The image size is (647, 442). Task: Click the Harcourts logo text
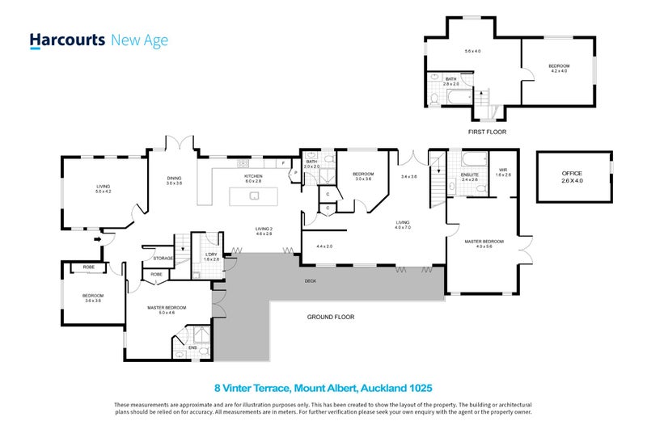[67, 40]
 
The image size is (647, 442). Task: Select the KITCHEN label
[254, 176]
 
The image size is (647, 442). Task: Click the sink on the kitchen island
[254, 195]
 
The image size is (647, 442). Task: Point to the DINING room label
[174, 179]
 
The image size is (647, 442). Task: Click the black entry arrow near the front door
[99, 238]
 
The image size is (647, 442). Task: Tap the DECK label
[310, 282]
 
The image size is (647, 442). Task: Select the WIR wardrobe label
[502, 171]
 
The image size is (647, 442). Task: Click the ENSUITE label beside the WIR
[470, 175]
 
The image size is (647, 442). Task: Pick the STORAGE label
[163, 259]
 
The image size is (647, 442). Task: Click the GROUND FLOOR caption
[330, 317]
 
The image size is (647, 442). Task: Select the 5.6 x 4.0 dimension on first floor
[472, 51]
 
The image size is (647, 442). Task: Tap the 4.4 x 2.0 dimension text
[324, 246]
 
